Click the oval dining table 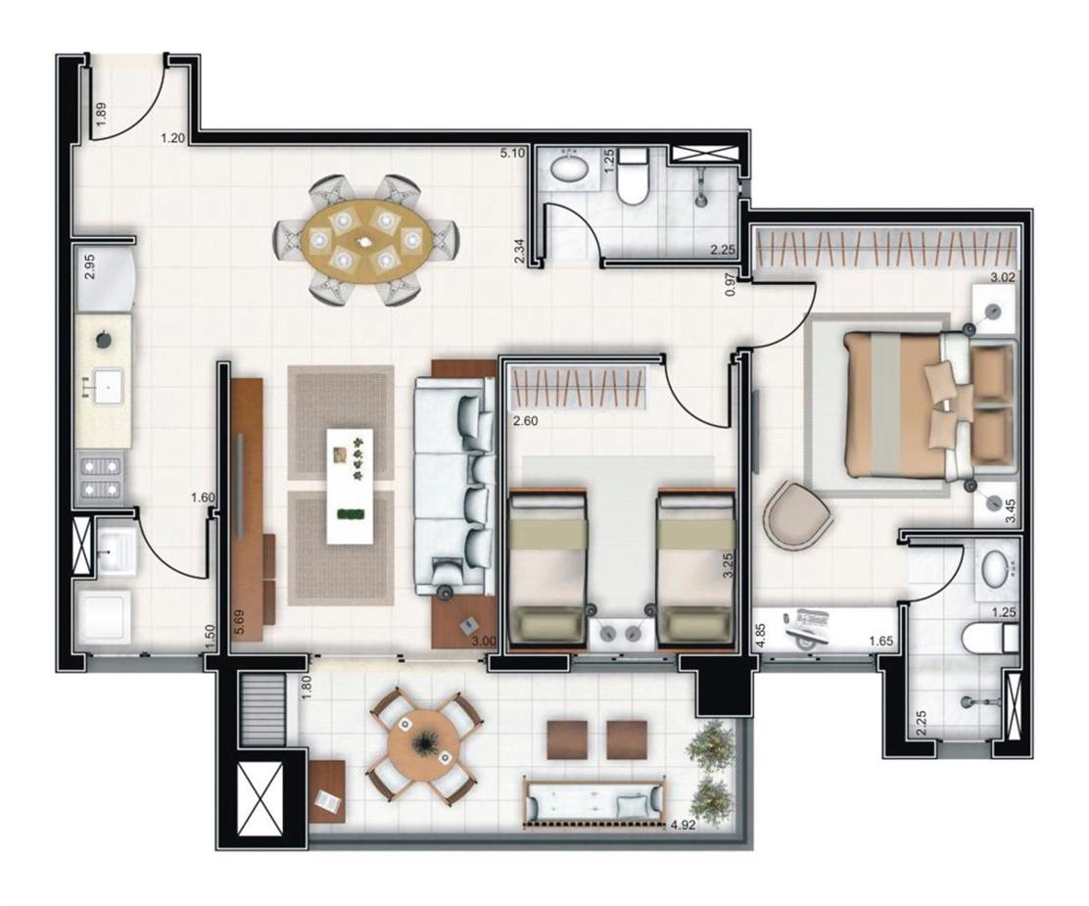(x=364, y=240)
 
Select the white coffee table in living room (x=354, y=485)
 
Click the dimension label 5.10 (x=512, y=153)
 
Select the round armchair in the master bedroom (x=796, y=513)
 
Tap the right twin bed (x=694, y=568)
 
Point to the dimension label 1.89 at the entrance (x=100, y=115)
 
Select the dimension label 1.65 (x=881, y=644)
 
